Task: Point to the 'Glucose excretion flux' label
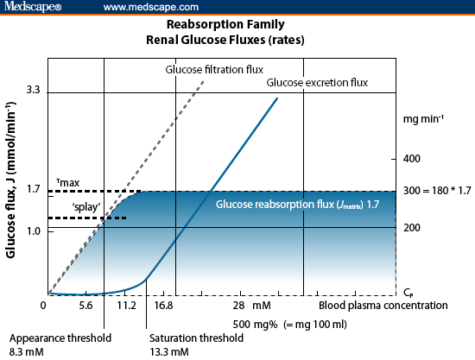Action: click(317, 83)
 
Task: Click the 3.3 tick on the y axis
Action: click(34, 90)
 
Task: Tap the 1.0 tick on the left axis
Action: click(34, 230)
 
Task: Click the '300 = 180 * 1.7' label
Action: click(437, 190)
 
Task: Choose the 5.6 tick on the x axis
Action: click(85, 306)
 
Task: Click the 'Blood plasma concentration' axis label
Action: click(383, 306)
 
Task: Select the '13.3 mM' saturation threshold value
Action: click(168, 351)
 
